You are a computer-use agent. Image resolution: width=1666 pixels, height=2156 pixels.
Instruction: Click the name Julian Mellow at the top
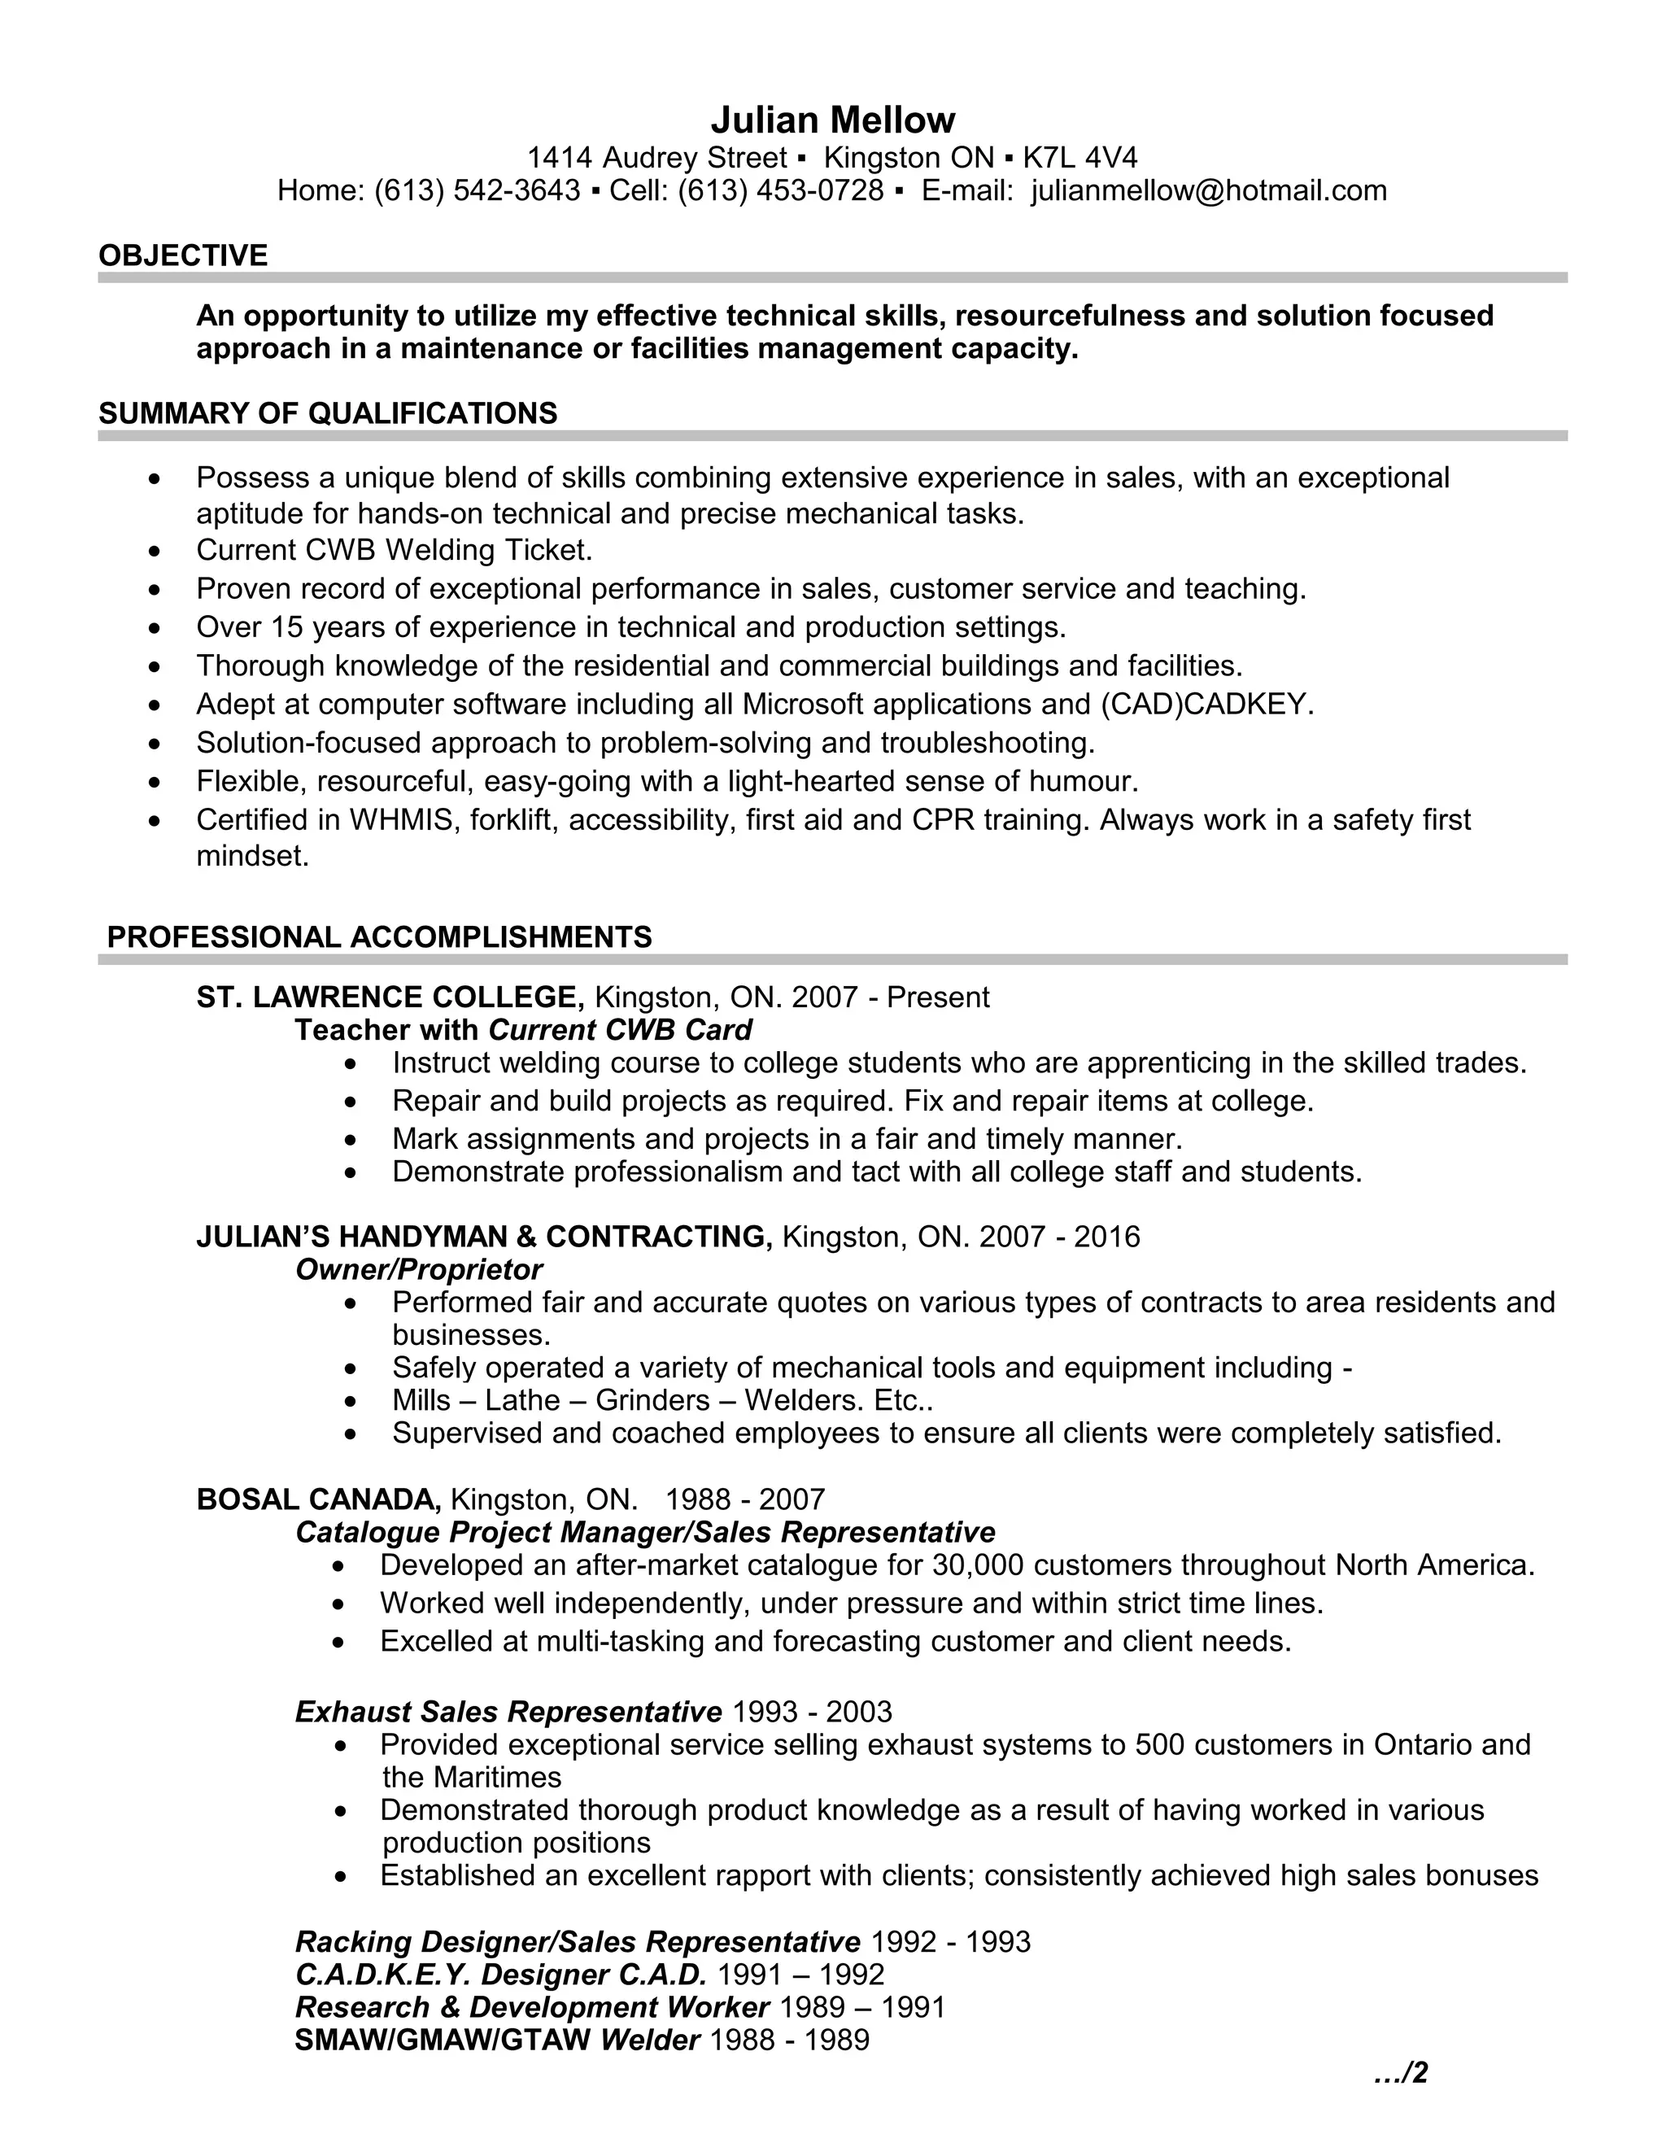point(832,120)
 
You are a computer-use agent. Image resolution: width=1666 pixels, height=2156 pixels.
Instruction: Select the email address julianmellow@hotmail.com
point(1208,190)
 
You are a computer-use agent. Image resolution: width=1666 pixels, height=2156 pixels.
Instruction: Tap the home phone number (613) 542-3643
point(477,190)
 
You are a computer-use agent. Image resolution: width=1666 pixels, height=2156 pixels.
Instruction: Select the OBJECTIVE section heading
point(182,255)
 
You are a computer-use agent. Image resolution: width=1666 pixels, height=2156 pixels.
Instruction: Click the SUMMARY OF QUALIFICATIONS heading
point(328,413)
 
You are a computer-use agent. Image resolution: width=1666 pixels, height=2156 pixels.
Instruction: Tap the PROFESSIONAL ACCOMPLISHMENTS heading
point(379,936)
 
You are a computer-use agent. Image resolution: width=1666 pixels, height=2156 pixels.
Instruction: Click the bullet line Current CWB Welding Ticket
point(394,550)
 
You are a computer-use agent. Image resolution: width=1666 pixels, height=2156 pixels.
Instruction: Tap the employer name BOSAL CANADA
point(319,1499)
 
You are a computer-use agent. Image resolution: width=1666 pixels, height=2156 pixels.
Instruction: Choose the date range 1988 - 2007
point(744,1499)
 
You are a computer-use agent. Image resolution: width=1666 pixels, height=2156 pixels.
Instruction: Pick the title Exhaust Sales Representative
point(508,1712)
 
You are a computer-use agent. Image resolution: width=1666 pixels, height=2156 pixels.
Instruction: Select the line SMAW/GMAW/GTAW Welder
point(496,2040)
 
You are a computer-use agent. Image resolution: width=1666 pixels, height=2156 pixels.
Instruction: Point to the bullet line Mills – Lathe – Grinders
point(661,1400)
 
